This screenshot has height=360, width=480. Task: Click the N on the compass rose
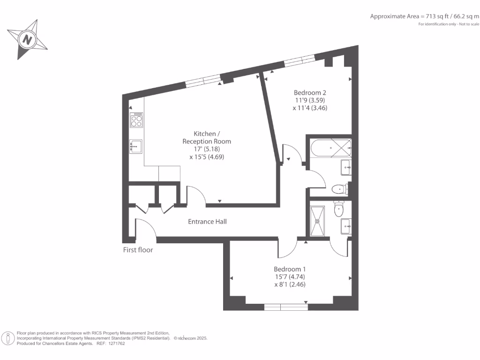tap(28, 40)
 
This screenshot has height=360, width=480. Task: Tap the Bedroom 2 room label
tap(310, 92)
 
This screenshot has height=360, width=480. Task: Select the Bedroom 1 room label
tap(290, 269)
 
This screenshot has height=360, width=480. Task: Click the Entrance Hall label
tap(207, 222)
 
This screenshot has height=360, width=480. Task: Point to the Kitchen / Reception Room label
tap(207, 137)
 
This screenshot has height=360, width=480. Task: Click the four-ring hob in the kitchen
tap(136, 120)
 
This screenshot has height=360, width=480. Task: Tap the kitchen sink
tap(135, 146)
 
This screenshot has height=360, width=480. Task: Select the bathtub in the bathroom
tap(331, 148)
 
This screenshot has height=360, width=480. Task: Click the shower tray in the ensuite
tap(317, 221)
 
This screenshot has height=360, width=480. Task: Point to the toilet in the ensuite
tap(338, 209)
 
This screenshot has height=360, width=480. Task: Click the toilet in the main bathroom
tap(340, 189)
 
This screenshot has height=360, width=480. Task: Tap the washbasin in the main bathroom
tap(346, 167)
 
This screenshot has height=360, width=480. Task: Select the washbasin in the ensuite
tap(346, 226)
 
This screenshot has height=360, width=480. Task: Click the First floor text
tap(138, 250)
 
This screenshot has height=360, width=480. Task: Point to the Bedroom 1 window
tap(286, 307)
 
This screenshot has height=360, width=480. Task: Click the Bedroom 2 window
tap(300, 60)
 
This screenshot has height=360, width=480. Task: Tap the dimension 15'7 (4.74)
tap(290, 277)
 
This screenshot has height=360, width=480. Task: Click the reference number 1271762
tap(117, 344)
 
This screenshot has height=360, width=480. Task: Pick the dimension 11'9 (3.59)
tap(310, 100)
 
